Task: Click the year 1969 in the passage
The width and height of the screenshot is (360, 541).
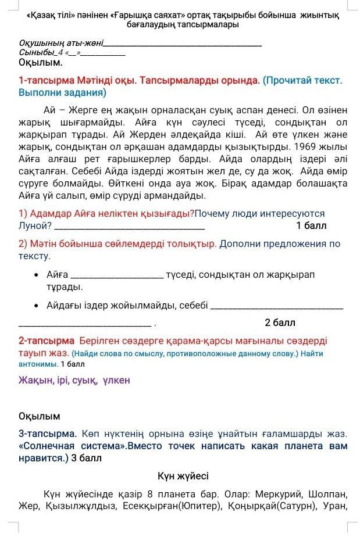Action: click(308, 146)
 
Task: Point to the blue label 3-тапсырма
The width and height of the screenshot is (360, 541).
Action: click(48, 433)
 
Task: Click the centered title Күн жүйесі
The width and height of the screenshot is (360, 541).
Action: click(183, 476)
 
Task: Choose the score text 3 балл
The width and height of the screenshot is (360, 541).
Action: click(86, 458)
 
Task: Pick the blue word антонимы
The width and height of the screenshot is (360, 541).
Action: click(38, 364)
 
